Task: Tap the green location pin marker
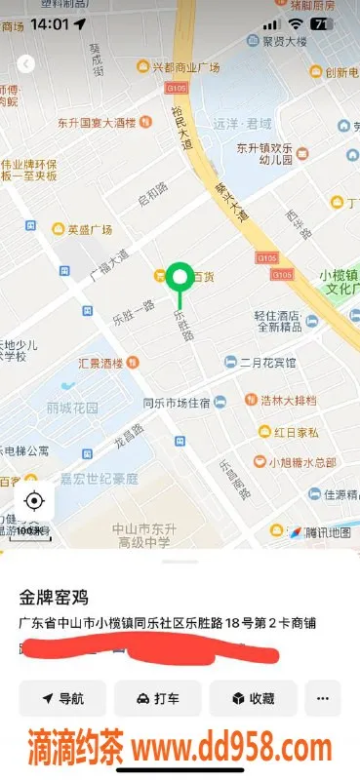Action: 179,278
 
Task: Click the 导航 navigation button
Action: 62,698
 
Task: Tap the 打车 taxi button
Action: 157,698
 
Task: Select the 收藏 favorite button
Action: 253,698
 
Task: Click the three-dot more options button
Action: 323,698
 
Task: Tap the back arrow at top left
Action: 26,63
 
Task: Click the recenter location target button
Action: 34,501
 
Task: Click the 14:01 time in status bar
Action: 50,22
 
